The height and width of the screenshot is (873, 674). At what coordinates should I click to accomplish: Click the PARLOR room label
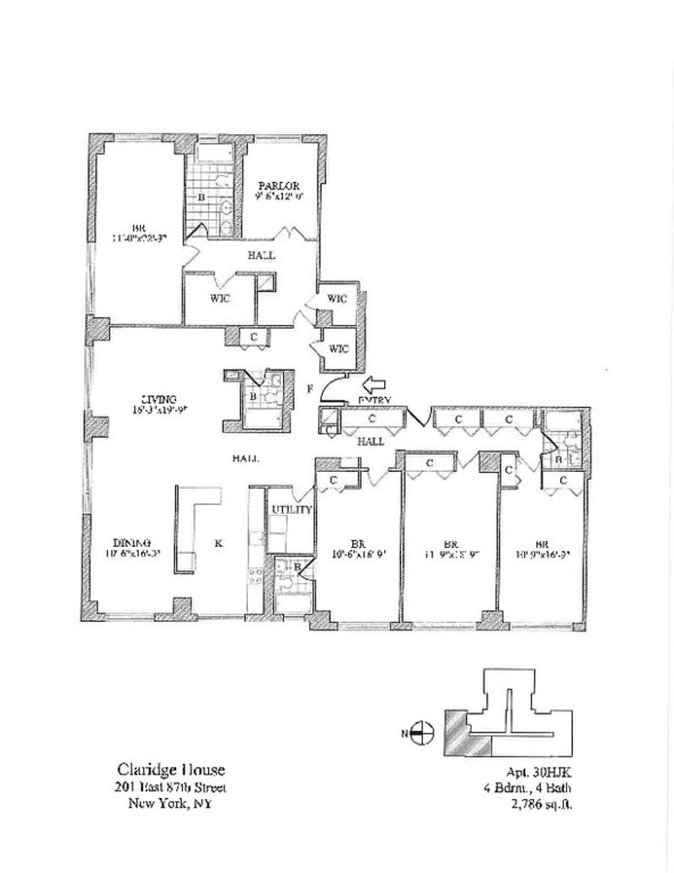point(277,186)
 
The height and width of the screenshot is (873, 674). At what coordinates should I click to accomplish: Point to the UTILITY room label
point(292,510)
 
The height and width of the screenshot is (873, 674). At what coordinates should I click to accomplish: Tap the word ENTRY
point(375,400)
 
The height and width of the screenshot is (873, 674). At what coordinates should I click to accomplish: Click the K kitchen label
point(217,544)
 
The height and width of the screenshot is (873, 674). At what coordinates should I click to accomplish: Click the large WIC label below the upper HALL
point(221,297)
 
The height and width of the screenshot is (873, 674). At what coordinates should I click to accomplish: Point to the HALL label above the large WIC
point(261,254)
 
